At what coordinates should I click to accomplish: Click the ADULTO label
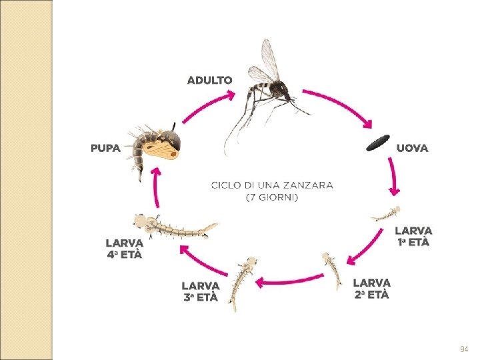click(x=210, y=80)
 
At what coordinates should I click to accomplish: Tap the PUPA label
click(x=106, y=148)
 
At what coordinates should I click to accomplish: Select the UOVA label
click(x=413, y=148)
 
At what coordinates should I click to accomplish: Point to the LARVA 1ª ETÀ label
click(x=413, y=236)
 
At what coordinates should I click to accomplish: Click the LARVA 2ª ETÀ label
click(x=371, y=288)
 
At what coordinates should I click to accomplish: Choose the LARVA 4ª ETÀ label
click(x=124, y=248)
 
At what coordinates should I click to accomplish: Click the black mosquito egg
click(x=378, y=142)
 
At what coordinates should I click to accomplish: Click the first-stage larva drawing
click(x=386, y=214)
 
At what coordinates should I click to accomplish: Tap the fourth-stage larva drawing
click(x=175, y=228)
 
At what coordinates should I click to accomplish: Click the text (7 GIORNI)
click(x=271, y=198)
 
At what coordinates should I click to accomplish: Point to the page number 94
click(x=464, y=349)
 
